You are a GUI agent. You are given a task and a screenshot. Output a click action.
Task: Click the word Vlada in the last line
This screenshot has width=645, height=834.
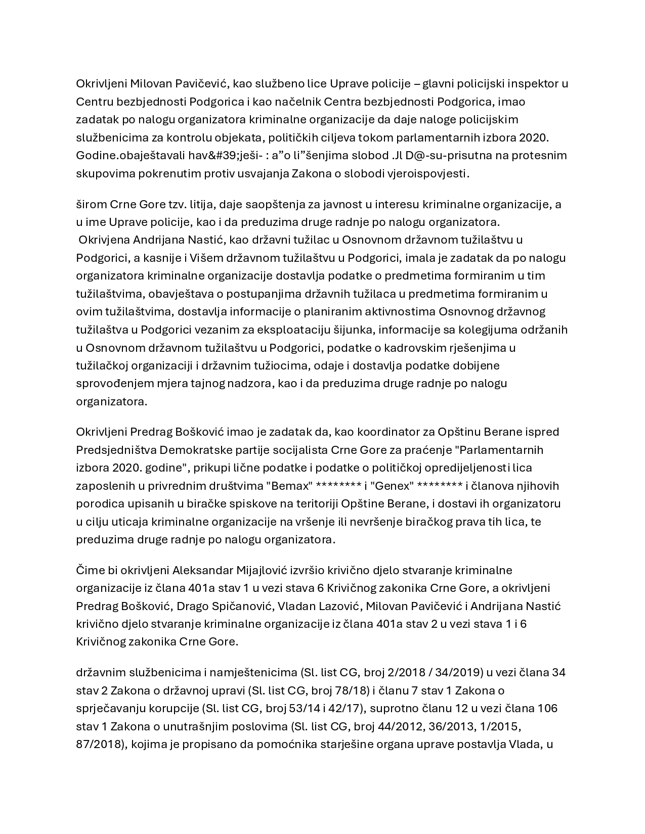point(525,744)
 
